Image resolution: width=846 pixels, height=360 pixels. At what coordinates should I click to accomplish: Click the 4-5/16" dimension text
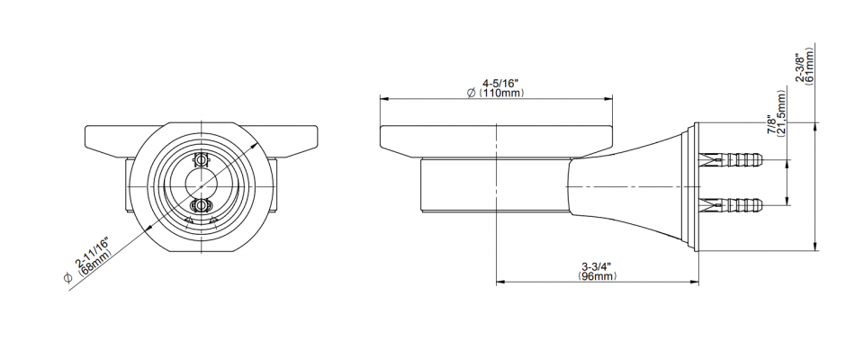[x=499, y=84]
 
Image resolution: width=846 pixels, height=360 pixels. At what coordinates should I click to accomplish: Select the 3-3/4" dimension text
[x=598, y=266]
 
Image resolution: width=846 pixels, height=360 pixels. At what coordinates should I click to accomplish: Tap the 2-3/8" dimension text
[x=800, y=66]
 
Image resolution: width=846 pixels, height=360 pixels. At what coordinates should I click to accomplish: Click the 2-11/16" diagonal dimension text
[x=93, y=254]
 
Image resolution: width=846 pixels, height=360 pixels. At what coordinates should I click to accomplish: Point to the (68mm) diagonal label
[x=96, y=264]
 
